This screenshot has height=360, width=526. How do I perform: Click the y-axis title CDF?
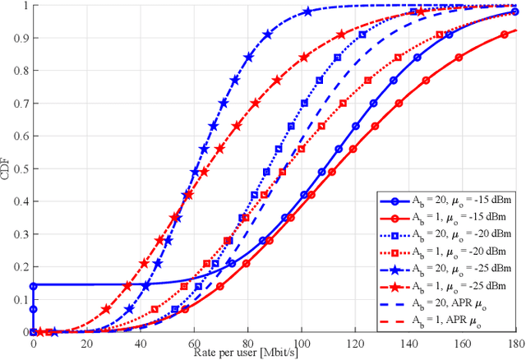tap(7, 168)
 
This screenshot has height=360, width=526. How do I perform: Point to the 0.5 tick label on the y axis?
tap(18, 168)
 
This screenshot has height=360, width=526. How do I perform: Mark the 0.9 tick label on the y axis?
tap(18, 38)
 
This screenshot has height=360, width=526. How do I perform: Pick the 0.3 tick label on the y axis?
tap(18, 234)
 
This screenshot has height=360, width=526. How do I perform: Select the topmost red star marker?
tap(418, 12)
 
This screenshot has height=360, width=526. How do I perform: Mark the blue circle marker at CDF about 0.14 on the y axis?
tap(33, 286)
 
